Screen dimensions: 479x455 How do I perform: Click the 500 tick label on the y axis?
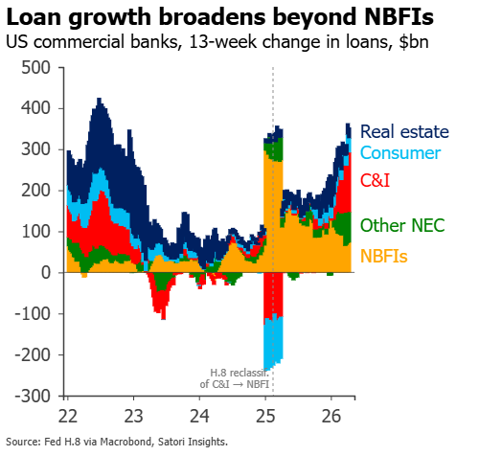click(35, 68)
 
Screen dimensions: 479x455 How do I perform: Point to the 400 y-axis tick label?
click(35, 108)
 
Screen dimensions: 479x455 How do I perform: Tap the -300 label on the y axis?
click(33, 397)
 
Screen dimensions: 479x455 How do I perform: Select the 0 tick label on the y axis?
click(46, 273)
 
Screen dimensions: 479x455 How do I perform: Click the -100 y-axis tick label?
click(33, 314)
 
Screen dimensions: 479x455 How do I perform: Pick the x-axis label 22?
click(68, 416)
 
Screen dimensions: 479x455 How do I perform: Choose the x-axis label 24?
click(199, 416)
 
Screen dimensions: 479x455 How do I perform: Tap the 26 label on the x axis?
click(331, 416)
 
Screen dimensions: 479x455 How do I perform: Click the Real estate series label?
click(404, 132)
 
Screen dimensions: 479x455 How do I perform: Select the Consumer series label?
click(400, 153)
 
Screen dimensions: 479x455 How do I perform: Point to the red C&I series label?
click(376, 180)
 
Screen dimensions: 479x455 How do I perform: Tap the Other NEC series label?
click(402, 225)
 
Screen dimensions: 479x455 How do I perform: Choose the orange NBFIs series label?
click(384, 256)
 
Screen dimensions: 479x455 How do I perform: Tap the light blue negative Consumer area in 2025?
click(273, 343)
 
